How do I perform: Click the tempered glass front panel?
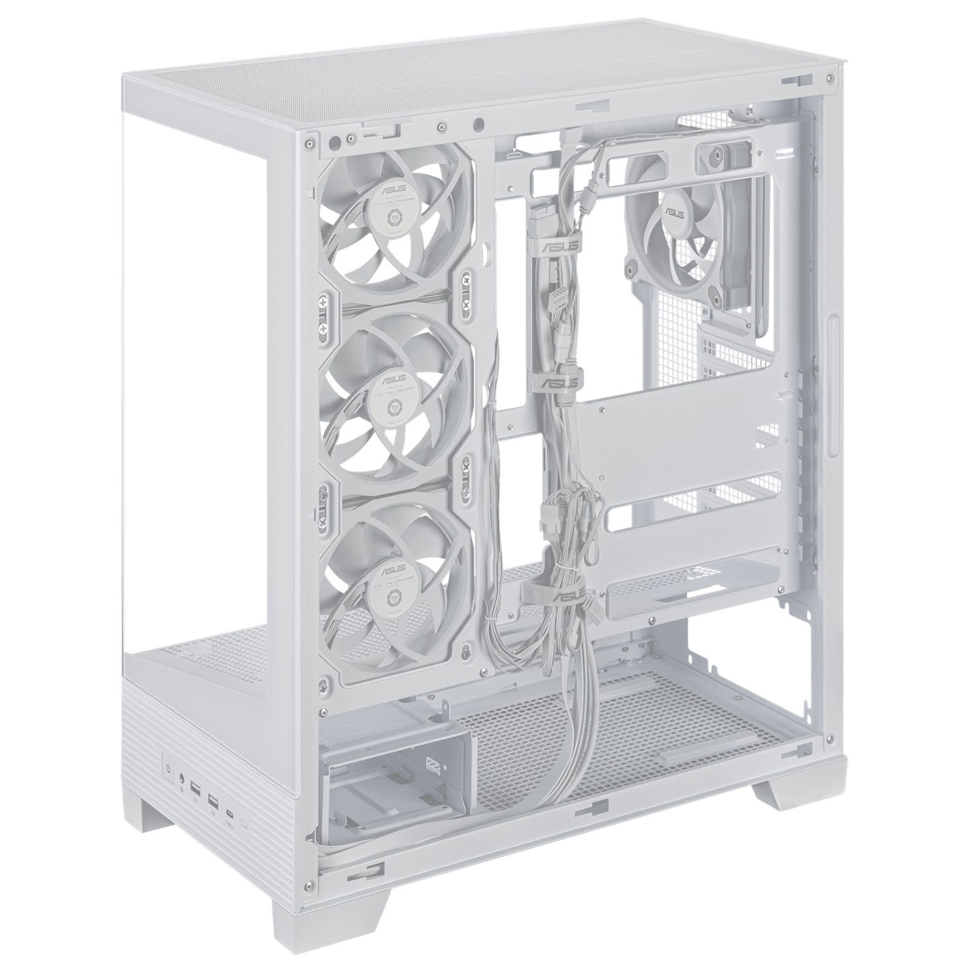click(212, 386)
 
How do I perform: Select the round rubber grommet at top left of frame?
click(335, 140)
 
